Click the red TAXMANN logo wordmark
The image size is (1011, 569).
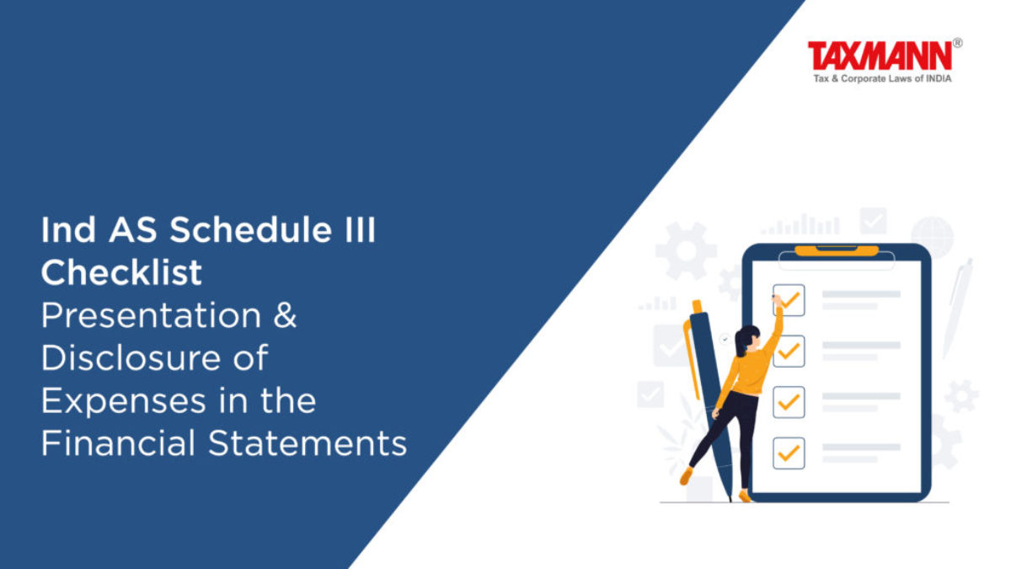(880, 56)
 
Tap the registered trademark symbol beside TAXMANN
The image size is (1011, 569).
(957, 43)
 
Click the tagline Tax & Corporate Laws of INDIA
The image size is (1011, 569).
(882, 78)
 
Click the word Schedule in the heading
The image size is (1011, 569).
(250, 230)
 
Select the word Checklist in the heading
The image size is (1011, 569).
(121, 272)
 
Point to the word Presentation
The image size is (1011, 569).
(151, 315)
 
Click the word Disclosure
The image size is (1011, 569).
(131, 357)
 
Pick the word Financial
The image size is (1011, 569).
(118, 443)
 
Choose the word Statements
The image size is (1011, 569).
(308, 443)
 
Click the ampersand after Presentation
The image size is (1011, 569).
(286, 315)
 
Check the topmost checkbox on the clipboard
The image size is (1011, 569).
(789, 300)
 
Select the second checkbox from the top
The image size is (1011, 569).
(789, 351)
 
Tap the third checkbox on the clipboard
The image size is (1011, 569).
(789, 402)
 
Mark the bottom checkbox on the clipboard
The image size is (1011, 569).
(789, 453)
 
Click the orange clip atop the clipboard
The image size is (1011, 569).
(837, 250)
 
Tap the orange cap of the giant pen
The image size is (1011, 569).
(697, 307)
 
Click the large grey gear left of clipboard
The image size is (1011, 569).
(686, 250)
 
